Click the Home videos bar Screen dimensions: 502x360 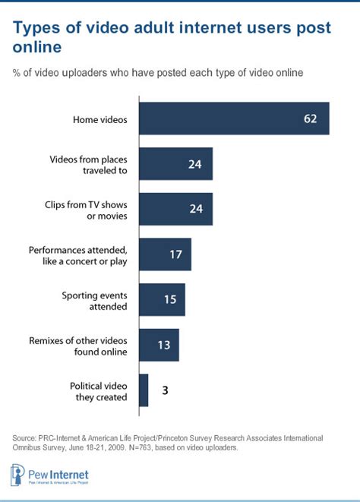(x=234, y=118)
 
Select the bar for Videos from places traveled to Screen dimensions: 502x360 (x=175, y=164)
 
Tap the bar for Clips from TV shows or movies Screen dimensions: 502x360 (x=175, y=210)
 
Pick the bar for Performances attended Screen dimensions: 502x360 (x=165, y=254)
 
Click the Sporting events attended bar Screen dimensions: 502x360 (x=162, y=300)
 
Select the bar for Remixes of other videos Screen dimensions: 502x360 (x=159, y=345)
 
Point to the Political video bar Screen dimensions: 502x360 (x=144, y=390)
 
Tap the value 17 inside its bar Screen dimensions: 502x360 (x=176, y=255)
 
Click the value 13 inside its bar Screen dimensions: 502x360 (x=164, y=346)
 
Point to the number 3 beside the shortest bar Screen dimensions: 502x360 (x=164, y=390)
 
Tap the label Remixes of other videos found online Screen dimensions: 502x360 (x=89, y=346)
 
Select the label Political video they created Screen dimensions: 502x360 (x=99, y=390)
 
